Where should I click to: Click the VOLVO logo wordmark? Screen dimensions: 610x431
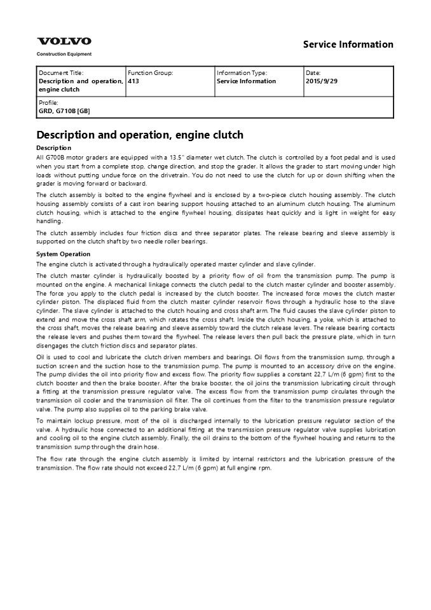coord(64,41)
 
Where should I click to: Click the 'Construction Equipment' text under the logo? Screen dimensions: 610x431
coord(64,54)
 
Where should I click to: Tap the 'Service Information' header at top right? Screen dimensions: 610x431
coord(348,44)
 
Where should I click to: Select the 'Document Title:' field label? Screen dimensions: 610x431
coord(61,73)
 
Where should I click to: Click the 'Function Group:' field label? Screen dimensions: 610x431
coord(150,73)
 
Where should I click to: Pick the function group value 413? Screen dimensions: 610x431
coord(133,81)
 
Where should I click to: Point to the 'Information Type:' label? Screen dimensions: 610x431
coord(242,73)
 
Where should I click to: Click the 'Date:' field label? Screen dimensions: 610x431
coord(313,73)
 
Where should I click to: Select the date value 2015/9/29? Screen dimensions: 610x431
coord(322,81)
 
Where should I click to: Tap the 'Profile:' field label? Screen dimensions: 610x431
coord(48,102)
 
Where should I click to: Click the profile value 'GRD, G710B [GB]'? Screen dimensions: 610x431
coord(64,111)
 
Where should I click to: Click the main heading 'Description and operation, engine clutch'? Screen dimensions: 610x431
coord(140,135)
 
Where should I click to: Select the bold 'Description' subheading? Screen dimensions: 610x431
coord(54,148)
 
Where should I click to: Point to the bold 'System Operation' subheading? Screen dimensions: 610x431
coord(64,254)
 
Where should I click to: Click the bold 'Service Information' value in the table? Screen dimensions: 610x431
coord(246,81)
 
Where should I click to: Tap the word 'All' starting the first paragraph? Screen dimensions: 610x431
coord(41,157)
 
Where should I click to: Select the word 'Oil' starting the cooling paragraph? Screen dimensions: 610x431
coord(41,357)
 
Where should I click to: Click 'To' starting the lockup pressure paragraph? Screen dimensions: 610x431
coord(41,421)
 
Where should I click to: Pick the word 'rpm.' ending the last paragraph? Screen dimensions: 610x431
coord(264,468)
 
